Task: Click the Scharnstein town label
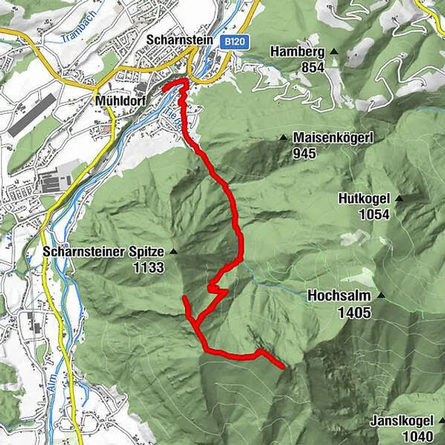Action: tap(179, 40)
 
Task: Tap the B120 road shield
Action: tap(234, 43)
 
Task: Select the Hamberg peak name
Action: tap(298, 52)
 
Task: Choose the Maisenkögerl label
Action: tap(333, 138)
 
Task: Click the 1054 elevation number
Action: tap(374, 214)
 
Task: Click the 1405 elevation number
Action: tap(355, 312)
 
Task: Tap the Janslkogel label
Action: tap(401, 421)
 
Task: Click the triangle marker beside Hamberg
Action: tap(334, 52)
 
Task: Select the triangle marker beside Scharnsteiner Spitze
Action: tap(173, 252)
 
